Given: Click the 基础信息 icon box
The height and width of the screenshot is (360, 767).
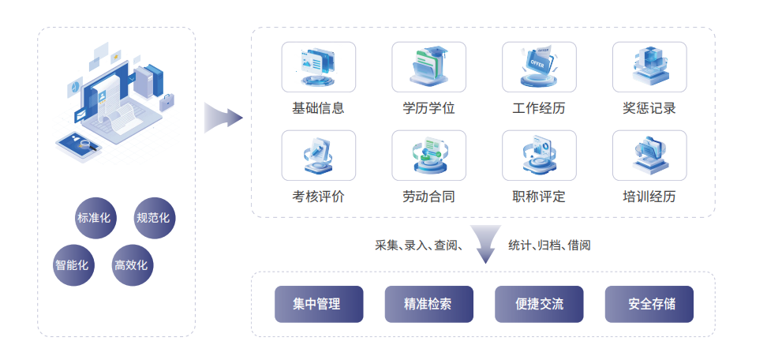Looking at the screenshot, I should click(318, 67).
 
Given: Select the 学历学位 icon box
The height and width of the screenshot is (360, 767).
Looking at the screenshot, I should click(428, 67).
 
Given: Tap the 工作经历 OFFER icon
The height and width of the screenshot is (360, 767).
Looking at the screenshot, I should click(539, 67).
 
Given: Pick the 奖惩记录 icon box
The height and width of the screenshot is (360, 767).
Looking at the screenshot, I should click(649, 67).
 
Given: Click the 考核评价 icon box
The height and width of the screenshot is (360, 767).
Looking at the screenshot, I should click(318, 156).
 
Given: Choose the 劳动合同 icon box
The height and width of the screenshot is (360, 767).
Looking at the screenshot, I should click(428, 156).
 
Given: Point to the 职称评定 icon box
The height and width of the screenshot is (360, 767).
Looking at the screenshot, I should click(539, 156).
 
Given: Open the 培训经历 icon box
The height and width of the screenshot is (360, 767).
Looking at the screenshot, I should click(649, 156).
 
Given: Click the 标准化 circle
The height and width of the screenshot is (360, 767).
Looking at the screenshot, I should click(95, 218).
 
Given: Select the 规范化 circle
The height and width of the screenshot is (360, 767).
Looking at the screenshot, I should click(154, 218).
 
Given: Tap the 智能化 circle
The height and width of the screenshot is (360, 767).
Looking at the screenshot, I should click(73, 264).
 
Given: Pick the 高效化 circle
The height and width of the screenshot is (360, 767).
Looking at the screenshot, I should click(131, 264).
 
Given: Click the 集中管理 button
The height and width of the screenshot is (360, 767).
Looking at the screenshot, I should click(319, 304).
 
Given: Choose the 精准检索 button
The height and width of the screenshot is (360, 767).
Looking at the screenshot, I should click(428, 304).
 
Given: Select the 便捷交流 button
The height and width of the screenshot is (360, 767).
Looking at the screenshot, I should click(539, 304).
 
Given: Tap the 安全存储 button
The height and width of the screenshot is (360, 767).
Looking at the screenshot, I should click(649, 304).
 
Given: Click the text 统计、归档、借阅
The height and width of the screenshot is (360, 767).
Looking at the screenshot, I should click(549, 246).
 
